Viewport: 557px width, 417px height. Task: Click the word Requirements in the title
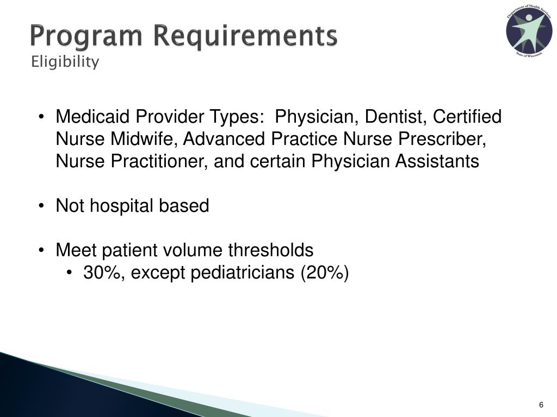[245, 37]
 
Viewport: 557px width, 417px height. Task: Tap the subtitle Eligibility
[65, 62]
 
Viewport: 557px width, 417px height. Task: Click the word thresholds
[270, 250]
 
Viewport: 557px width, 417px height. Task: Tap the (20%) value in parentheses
[325, 273]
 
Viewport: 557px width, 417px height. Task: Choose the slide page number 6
[541, 405]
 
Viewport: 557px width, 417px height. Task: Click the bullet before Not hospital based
[42, 206]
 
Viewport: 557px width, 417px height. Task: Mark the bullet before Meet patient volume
[42, 251]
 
